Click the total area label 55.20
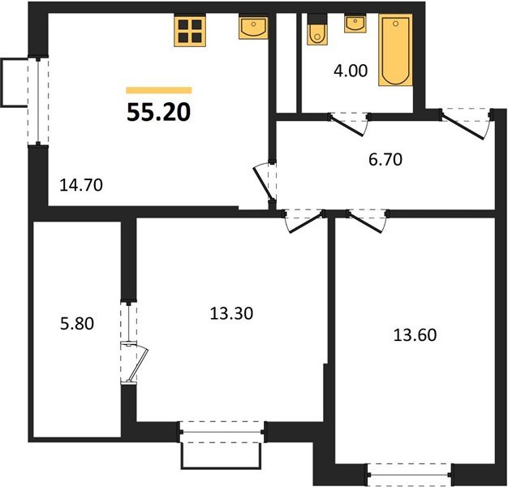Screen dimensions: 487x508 158,112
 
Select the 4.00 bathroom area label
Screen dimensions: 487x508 351,71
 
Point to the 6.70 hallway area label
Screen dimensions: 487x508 385,159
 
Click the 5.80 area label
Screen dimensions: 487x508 78,324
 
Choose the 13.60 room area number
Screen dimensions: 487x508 415,334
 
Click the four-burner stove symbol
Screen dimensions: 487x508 192,31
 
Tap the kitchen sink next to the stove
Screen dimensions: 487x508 253,29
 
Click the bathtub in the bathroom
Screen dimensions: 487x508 394,50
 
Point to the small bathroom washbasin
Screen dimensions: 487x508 355,24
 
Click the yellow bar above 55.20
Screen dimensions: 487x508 158,91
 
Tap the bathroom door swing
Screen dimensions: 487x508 348,123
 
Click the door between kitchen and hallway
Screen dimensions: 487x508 265,182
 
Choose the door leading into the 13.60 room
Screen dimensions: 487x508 366,220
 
